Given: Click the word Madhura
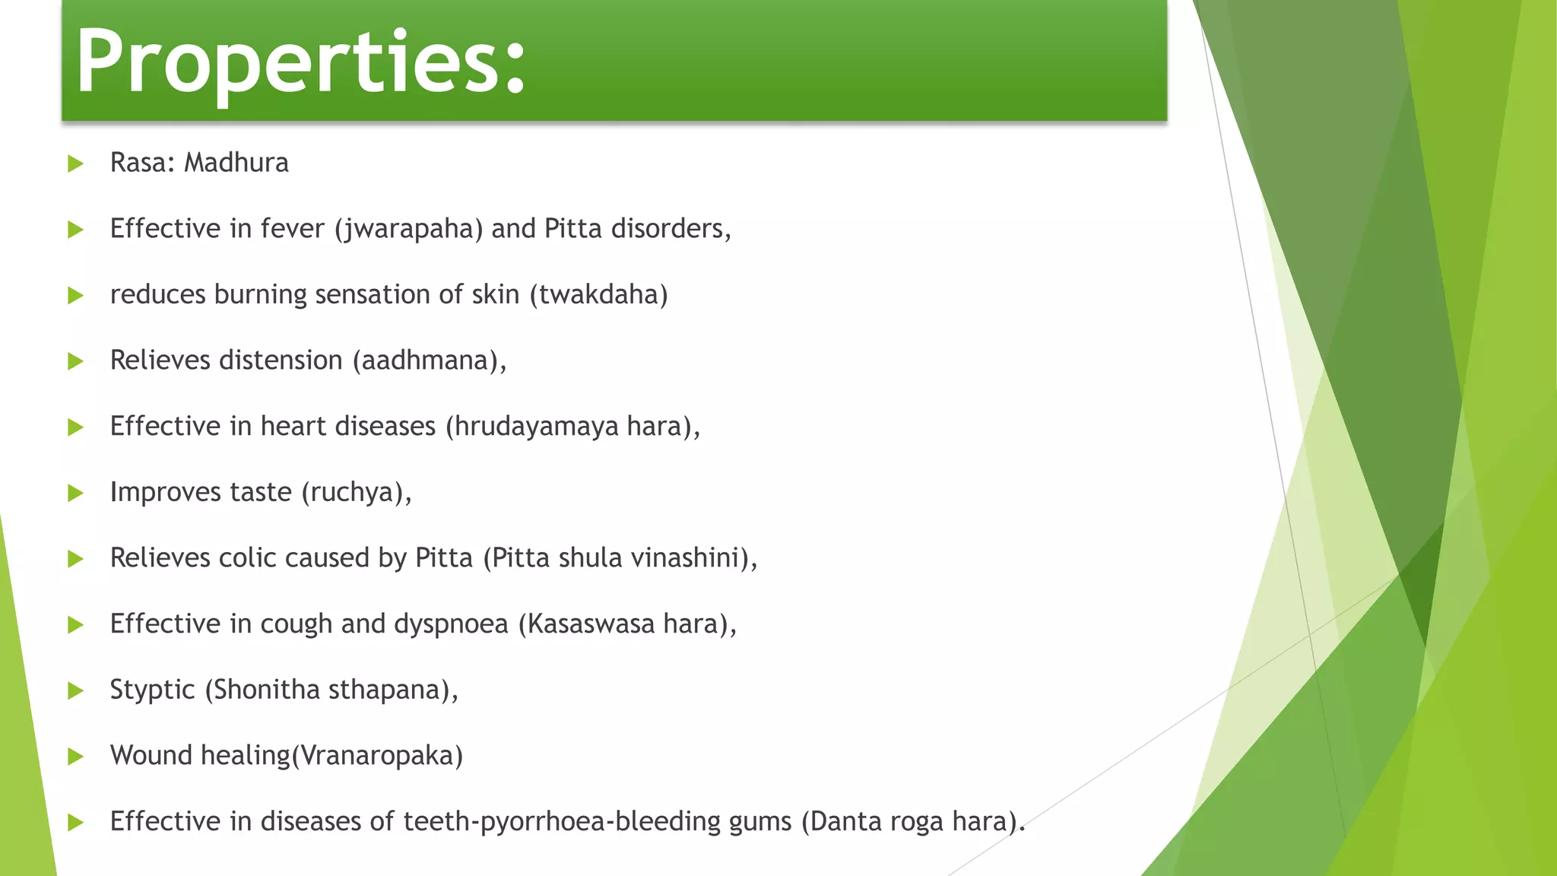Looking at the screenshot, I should click(236, 163).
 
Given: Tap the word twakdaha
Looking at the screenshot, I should click(598, 295).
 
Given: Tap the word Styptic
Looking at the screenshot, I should click(152, 690).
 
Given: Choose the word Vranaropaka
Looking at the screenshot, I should click(377, 757).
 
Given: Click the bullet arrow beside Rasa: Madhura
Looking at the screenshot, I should click(75, 163).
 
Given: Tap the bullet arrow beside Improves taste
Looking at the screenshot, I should click(75, 493).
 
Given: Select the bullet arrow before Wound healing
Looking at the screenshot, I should click(75, 756).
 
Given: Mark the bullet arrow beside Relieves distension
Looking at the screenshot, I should click(75, 361).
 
